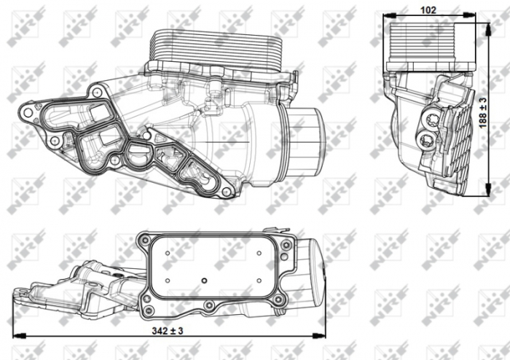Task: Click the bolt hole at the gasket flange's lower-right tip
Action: [x=226, y=191]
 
